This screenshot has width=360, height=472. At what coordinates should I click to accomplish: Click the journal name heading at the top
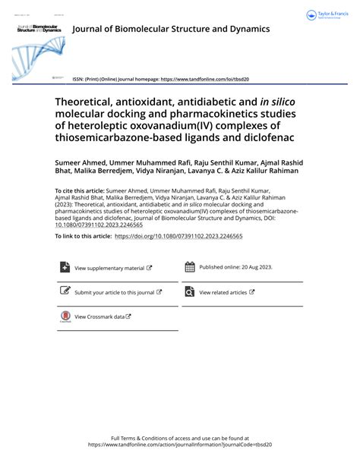[x=171, y=30]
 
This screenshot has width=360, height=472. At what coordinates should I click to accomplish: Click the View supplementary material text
[x=109, y=268]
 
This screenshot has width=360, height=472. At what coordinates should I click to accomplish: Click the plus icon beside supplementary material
[x=65, y=267]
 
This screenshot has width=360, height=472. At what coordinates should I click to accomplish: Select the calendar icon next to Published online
[x=190, y=267]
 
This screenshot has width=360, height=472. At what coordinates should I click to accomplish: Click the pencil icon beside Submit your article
[x=65, y=291]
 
